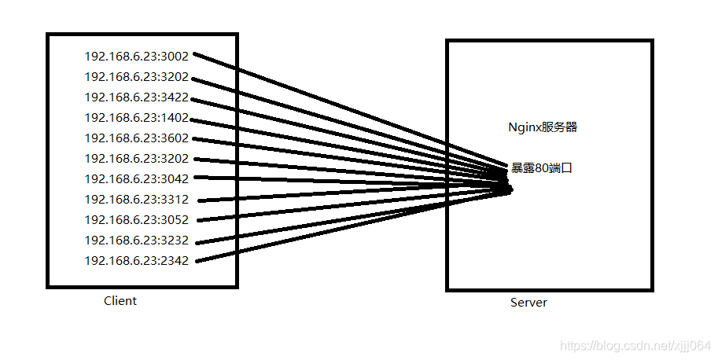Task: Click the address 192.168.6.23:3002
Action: coord(136,57)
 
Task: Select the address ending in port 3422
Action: coord(136,97)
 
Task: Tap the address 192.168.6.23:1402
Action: coord(136,118)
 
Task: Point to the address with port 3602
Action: coord(136,138)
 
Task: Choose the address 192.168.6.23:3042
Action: coord(136,179)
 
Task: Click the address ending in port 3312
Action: coord(136,200)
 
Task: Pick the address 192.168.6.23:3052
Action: coord(136,220)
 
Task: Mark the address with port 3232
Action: coord(136,241)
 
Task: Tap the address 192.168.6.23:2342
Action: coord(136,261)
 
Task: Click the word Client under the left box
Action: coord(120,301)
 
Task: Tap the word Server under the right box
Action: coord(528,303)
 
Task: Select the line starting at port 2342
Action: coord(315,233)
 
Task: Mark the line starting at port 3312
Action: coord(315,195)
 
